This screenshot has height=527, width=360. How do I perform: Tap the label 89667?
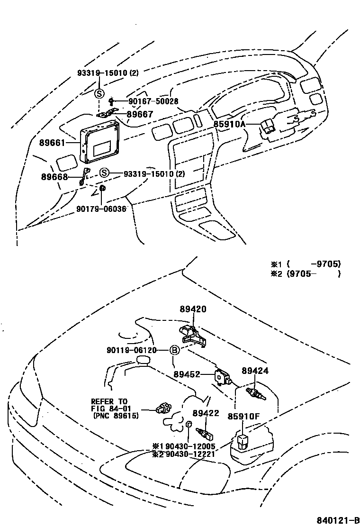pyautogui.click(x=140, y=114)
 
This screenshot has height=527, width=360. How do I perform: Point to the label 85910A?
pyautogui.click(x=229, y=124)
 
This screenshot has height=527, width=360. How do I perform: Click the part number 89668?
pyautogui.click(x=54, y=177)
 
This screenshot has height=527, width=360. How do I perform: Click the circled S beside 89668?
pyautogui.click(x=104, y=173)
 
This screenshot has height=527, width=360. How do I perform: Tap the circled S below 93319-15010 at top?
pyautogui.click(x=99, y=93)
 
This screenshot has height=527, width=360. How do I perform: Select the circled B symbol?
pyautogui.click(x=174, y=350)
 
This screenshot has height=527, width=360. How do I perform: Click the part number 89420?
pyautogui.click(x=193, y=309)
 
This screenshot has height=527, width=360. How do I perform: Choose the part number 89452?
pyautogui.click(x=186, y=374)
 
